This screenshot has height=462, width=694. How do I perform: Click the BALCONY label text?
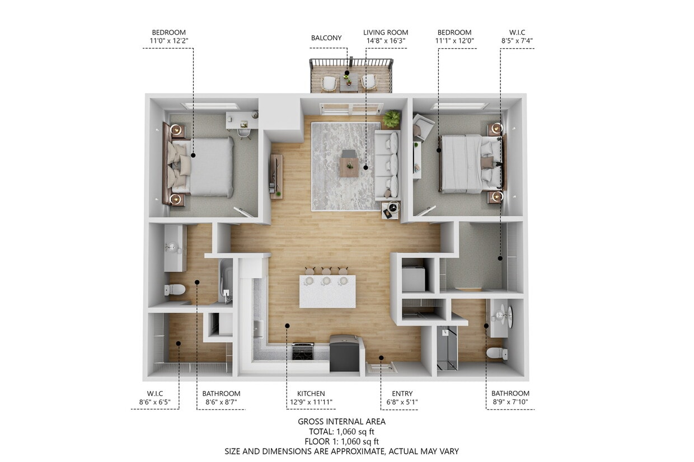pyautogui.click(x=326, y=38)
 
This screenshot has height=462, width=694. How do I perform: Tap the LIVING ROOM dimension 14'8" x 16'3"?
pyautogui.click(x=386, y=41)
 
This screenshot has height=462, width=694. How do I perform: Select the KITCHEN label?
pyautogui.click(x=311, y=394)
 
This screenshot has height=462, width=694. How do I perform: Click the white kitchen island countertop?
pyautogui.click(x=327, y=291)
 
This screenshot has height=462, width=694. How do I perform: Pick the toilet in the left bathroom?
pyautogui.click(x=175, y=290)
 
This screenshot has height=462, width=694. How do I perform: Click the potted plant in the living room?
pyautogui.click(x=392, y=118)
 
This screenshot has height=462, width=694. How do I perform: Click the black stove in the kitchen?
pyautogui.click(x=303, y=351)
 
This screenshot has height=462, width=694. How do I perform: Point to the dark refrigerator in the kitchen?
pyautogui.click(x=344, y=353)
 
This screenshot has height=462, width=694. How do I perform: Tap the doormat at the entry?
pyautogui.click(x=382, y=367)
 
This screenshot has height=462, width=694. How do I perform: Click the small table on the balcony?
pyautogui.click(x=349, y=83)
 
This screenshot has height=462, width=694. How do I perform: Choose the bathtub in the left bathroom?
pyautogui.click(x=225, y=281)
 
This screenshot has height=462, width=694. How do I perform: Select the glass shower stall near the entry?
pyautogui.click(x=447, y=348)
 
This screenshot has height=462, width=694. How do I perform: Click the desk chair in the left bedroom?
pyautogui.click(x=244, y=133)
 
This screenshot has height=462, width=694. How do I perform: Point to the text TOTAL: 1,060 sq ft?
pyautogui.click(x=341, y=431)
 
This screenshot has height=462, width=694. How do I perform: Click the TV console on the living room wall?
pyautogui.click(x=276, y=176)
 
